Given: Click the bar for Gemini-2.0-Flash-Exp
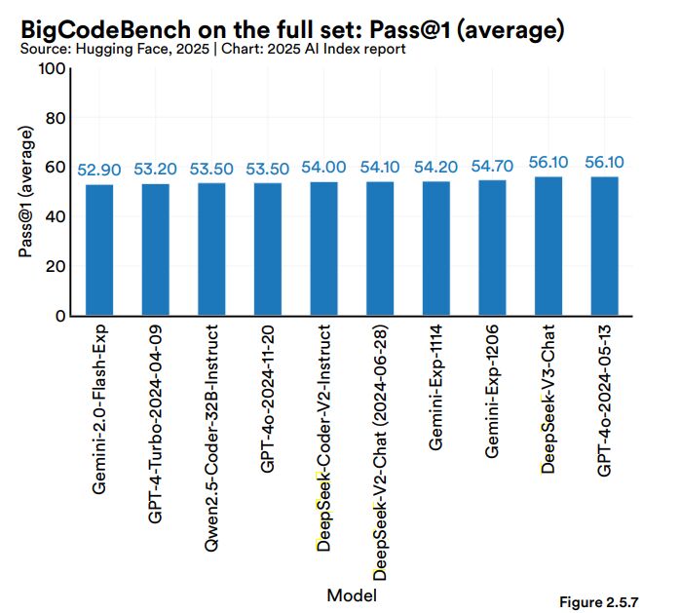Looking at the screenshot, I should (99, 250).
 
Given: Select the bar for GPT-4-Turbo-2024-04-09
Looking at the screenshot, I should (156, 250).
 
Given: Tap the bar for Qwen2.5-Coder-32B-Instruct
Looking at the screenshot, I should (211, 249).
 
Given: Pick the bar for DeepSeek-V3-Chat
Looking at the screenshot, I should (548, 247).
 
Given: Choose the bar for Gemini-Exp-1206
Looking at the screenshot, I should (492, 249).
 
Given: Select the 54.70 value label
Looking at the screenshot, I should (492, 166).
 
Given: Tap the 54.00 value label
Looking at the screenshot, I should (323, 168).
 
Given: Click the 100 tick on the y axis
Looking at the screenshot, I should (51, 69).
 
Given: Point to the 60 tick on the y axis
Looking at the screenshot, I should (55, 168).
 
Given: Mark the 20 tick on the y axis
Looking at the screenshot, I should (55, 266).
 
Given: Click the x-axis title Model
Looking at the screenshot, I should (352, 594).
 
